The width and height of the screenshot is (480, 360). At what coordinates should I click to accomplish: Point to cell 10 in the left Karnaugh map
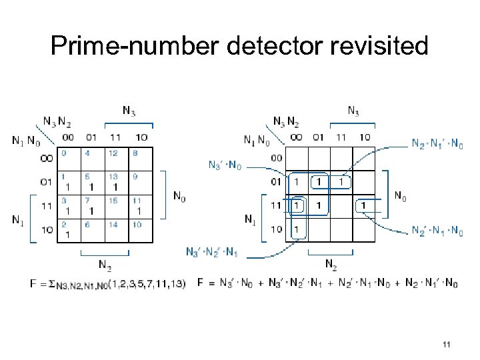point(140,230)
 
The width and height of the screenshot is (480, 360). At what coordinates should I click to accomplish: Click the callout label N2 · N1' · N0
point(437,144)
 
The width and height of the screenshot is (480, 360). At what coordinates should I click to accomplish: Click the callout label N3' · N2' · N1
point(212,251)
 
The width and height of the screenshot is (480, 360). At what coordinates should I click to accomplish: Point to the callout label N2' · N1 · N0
point(437,231)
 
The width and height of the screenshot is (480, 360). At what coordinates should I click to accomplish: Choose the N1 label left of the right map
point(250,218)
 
